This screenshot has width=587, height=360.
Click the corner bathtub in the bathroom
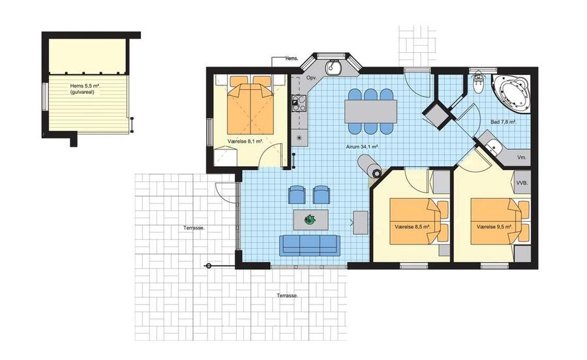[x=511, y=93]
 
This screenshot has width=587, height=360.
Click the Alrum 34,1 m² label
[x=363, y=147]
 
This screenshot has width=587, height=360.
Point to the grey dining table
[x=370, y=111]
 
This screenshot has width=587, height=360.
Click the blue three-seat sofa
[x=310, y=245]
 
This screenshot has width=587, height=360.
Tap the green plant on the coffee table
[x=310, y=219]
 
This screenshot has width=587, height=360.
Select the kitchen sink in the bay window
[x=333, y=68]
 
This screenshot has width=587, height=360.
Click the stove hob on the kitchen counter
[x=299, y=104]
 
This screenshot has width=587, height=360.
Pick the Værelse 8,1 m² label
[x=245, y=142]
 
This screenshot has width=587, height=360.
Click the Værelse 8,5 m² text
[x=412, y=227]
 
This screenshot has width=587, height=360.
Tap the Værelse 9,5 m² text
[x=494, y=227]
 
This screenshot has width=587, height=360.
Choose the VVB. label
[x=522, y=183]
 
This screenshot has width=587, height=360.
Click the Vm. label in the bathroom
[x=522, y=158]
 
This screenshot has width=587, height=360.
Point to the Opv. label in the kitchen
[x=312, y=78]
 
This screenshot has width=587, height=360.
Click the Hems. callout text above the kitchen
[x=292, y=59]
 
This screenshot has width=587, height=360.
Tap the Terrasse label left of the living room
[x=194, y=228]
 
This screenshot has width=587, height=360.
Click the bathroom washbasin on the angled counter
[x=494, y=145]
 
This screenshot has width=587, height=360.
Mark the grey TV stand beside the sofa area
[x=361, y=222]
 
